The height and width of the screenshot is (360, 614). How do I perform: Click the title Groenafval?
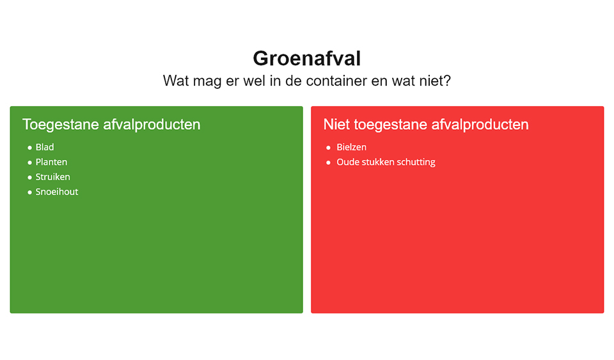point(306,59)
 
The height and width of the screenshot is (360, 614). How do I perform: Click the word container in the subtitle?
point(337,81)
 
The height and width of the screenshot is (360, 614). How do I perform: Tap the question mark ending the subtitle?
point(447,81)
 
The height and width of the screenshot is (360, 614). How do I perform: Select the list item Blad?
point(45,147)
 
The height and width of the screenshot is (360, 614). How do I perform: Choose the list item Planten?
point(51,162)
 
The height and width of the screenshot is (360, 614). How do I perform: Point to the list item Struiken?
point(53,177)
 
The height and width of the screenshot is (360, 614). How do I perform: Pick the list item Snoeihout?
point(57,192)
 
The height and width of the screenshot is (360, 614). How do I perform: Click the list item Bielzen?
point(351,147)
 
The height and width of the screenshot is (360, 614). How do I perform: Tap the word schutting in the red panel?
point(416,162)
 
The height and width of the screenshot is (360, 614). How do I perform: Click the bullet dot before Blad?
point(30,148)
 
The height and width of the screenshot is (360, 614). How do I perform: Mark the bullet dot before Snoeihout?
point(30,192)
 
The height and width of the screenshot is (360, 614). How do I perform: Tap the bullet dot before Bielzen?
point(328,148)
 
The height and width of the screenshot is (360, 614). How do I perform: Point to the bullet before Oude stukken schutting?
point(328,162)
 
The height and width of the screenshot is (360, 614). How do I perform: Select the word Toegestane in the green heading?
point(61,125)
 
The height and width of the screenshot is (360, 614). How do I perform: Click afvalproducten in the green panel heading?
point(152,125)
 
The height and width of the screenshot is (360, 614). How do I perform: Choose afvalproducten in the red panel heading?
point(480,125)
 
